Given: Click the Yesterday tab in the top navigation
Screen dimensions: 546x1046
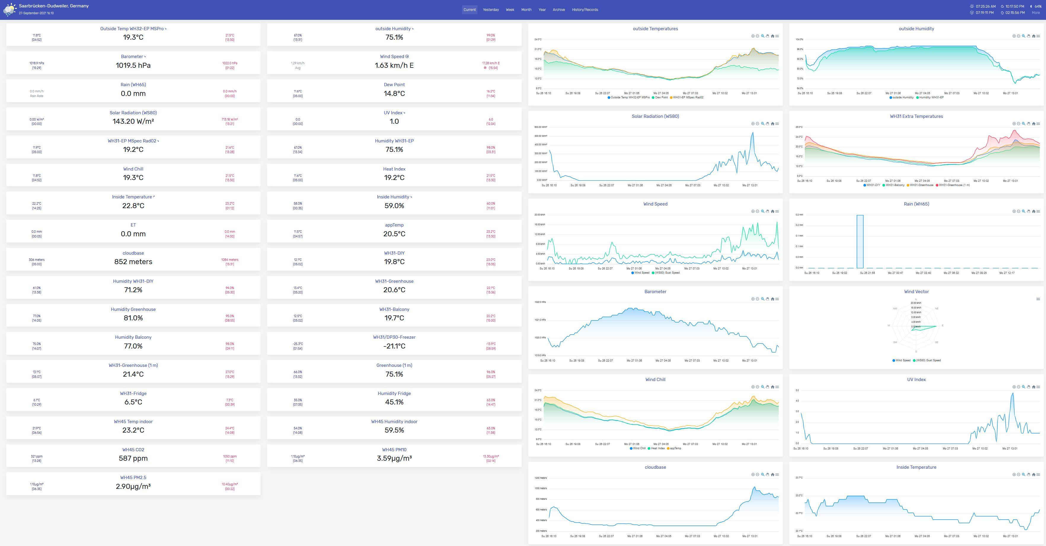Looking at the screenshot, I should (491, 10).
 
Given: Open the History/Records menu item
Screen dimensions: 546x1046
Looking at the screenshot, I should (585, 10).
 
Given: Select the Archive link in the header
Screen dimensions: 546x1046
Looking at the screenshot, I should (558, 10).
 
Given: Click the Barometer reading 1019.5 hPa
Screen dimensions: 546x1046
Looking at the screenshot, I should (133, 65).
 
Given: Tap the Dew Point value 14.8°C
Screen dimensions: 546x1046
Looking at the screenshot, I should (394, 93).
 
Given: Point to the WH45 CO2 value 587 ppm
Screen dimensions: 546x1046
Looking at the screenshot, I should (133, 458).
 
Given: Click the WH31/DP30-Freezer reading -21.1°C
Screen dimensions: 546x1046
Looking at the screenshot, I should (394, 346).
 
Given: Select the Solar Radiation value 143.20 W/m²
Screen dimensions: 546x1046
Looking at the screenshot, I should (133, 121).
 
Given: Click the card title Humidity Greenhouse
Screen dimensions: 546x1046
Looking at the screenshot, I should (133, 309).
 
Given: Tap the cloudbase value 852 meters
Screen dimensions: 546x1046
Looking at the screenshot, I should (133, 262).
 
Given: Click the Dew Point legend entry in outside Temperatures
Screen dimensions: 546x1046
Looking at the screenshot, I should (661, 97).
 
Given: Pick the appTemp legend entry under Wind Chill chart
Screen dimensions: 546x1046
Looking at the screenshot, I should (675, 448).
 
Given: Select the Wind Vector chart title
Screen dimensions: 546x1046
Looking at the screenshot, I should (916, 292).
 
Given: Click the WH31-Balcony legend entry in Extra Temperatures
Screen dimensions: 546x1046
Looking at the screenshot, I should (895, 185).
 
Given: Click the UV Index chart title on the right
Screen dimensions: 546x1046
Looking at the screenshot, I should (916, 380).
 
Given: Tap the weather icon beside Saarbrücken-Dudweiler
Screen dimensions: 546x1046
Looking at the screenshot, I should (9, 9).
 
